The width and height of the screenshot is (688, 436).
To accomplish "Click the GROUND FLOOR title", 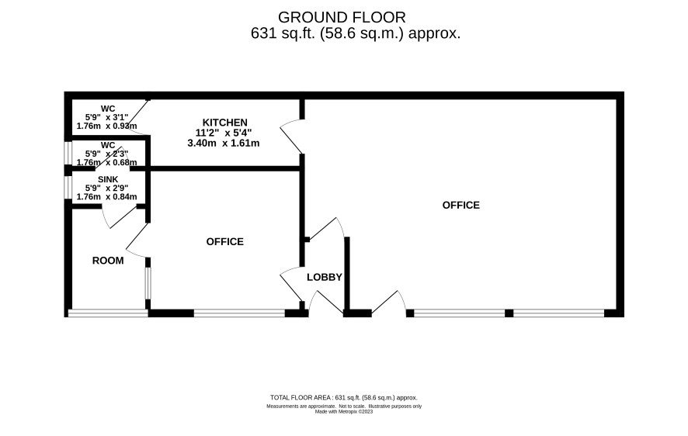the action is [x=342, y=18].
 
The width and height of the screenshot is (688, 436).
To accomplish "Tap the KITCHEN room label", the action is [x=224, y=123].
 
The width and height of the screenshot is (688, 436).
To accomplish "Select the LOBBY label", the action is [x=325, y=278].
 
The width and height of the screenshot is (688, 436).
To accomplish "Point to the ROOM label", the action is [x=108, y=261].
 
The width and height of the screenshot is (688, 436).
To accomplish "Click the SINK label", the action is [x=108, y=180].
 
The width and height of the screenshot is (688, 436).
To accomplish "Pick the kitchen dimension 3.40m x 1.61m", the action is [x=224, y=144].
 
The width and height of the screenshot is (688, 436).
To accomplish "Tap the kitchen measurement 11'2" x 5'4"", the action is [x=224, y=133].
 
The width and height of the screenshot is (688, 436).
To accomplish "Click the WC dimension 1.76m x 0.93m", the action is [x=106, y=126].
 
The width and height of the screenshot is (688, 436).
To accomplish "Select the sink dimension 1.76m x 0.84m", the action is [x=106, y=197].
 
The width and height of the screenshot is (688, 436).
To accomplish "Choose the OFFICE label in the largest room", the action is [x=460, y=206].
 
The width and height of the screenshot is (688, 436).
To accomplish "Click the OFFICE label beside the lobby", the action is [x=224, y=242].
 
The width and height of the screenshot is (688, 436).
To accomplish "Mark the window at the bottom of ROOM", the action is [x=108, y=313].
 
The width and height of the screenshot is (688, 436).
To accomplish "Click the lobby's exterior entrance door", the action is [x=326, y=303].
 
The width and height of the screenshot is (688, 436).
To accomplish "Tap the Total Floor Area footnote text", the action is [x=343, y=398].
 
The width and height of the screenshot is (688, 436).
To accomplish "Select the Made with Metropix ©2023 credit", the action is [x=344, y=412].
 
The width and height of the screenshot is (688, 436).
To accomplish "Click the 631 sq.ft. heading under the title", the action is [x=356, y=33].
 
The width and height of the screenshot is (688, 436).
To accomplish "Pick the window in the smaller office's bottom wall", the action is [x=240, y=313].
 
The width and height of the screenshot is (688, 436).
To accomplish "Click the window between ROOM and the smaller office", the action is [x=148, y=283].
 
